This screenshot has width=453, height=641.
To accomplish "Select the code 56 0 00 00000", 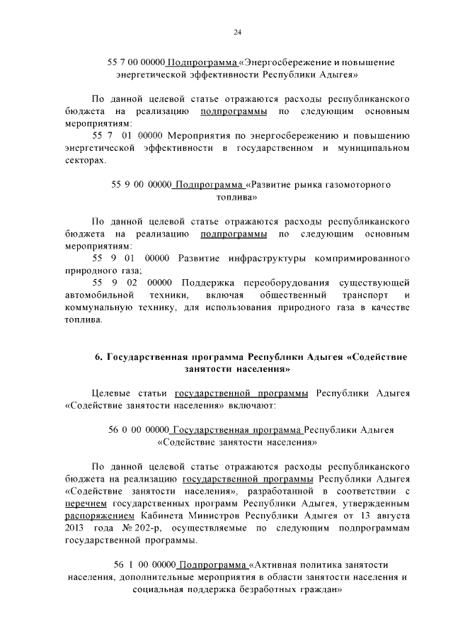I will tap(139, 430).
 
